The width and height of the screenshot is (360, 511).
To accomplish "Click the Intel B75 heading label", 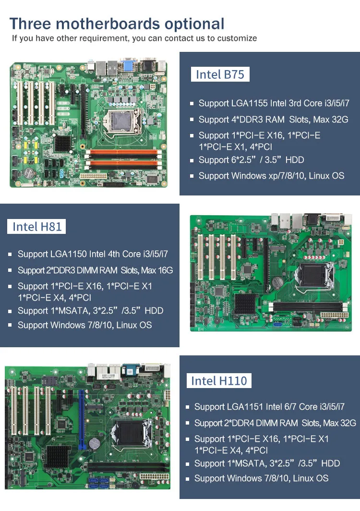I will (220, 74).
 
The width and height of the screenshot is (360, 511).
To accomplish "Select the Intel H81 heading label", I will (37, 226).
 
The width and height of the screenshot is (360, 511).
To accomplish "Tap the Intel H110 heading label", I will (218, 381).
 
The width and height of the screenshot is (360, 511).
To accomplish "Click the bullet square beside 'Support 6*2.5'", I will (192, 160).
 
